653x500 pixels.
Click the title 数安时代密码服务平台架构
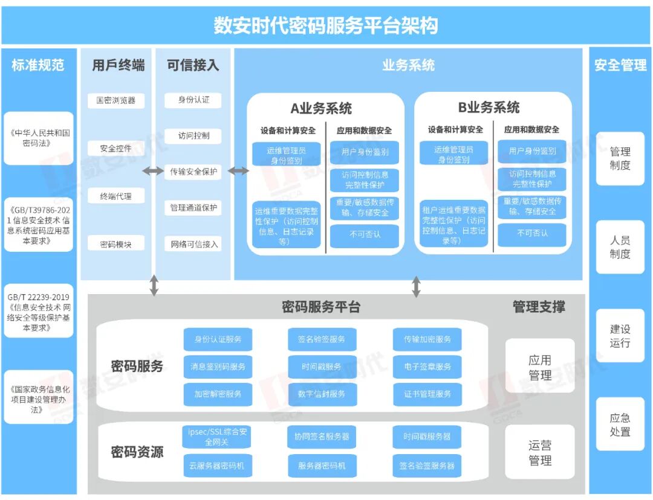[326, 25]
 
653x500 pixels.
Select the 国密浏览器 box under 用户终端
[115, 100]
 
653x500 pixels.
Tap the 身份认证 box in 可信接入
[193, 100]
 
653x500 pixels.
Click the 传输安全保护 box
[193, 171]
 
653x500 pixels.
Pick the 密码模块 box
[115, 244]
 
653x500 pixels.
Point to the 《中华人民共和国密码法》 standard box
[39, 138]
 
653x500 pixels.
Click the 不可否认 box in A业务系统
[365, 234]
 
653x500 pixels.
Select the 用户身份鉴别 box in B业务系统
[532, 152]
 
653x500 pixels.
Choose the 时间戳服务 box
[322, 367]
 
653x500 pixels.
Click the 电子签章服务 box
[427, 367]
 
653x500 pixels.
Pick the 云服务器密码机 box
[217, 466]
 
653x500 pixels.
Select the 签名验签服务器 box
[427, 466]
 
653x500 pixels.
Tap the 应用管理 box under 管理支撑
[540, 367]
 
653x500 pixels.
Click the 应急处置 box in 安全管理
[620, 425]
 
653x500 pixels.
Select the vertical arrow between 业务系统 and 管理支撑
[416, 286]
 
